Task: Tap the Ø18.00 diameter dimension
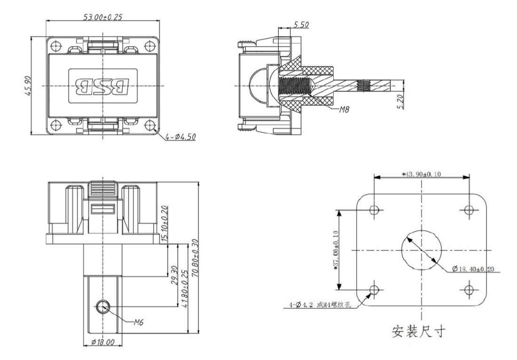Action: pos(102,343)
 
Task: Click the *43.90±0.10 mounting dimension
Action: pos(422,174)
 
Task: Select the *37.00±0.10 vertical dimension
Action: pos(335,250)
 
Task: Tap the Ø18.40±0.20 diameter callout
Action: pos(475,268)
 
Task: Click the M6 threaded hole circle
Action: pos(102,308)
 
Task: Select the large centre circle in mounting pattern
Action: pos(422,249)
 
